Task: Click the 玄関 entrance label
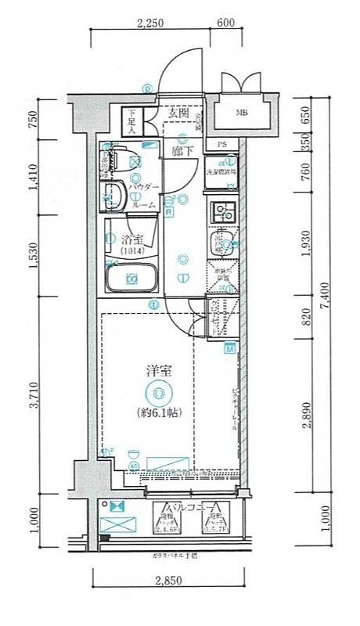[x=178, y=113]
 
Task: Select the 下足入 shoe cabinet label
[x=133, y=121]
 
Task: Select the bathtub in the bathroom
[x=131, y=278]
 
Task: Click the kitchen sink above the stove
[x=221, y=212]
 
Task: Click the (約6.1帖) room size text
[x=159, y=412]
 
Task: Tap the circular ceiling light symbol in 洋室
[x=159, y=393]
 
